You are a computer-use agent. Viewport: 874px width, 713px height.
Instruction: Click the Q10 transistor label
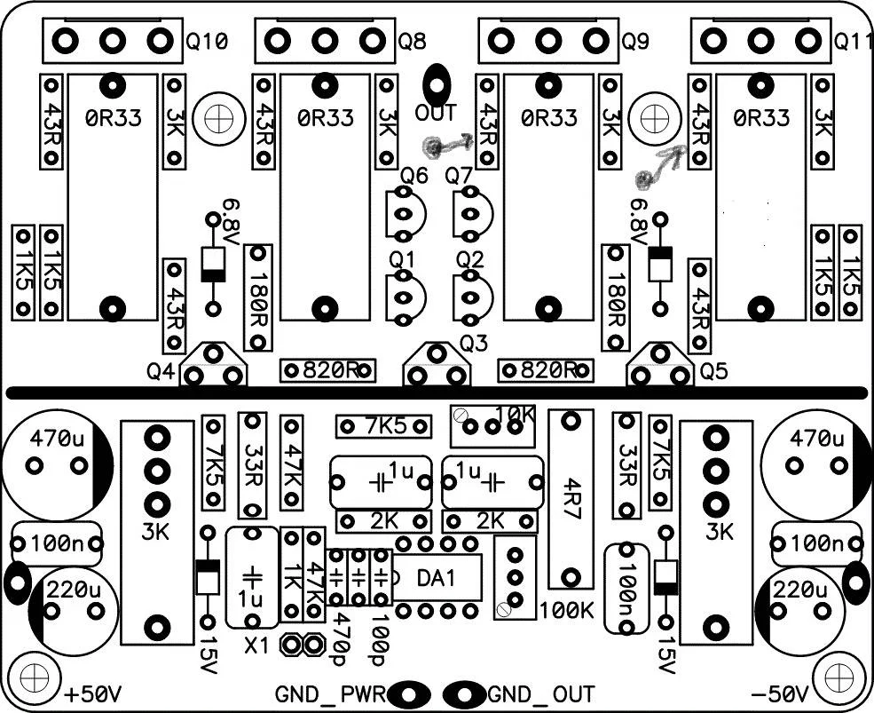pyautogui.click(x=207, y=41)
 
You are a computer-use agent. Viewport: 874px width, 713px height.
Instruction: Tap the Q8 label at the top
pyautogui.click(x=412, y=41)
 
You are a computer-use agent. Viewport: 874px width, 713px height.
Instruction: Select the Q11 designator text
pyautogui.click(x=854, y=41)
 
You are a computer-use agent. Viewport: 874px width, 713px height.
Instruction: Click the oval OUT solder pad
pyautogui.click(x=437, y=85)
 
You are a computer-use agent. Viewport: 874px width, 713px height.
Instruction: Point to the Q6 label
pyautogui.click(x=414, y=177)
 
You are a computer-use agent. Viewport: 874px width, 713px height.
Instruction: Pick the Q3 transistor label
pyautogui.click(x=473, y=344)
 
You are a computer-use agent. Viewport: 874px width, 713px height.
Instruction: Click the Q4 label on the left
pyautogui.click(x=161, y=371)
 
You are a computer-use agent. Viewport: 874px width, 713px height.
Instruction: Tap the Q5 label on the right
pyautogui.click(x=713, y=371)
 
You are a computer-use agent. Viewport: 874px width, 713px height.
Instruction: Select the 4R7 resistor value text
pyautogui.click(x=571, y=499)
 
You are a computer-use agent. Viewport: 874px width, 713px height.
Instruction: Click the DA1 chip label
pyautogui.click(x=437, y=579)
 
